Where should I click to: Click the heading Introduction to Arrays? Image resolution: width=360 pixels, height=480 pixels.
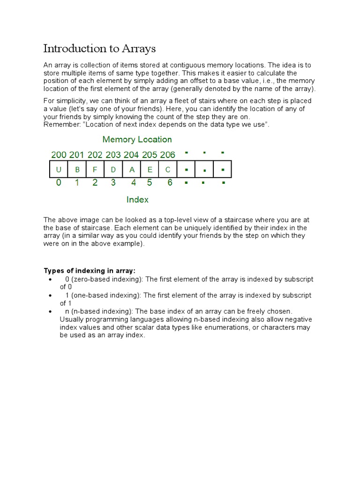coord(99,49)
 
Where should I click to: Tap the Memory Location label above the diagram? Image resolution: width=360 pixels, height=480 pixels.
coord(137,139)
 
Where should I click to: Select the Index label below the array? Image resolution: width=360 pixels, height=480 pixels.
coord(137,200)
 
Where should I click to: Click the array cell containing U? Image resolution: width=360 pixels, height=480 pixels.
coord(59,170)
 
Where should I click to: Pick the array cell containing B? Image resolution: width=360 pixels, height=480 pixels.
coord(77,170)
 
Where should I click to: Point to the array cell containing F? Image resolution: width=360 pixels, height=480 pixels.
coord(95,170)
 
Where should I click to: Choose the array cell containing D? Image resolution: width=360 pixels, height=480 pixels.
coord(113,170)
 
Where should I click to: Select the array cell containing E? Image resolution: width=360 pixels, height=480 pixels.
coord(150,170)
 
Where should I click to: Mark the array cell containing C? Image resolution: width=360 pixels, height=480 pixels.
coord(168,170)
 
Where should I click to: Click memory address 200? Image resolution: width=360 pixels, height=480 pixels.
coord(59,155)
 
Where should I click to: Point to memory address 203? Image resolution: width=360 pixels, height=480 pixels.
coord(113,155)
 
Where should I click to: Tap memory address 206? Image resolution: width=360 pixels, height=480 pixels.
coord(167,155)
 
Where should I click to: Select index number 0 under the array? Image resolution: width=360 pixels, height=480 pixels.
coord(59,183)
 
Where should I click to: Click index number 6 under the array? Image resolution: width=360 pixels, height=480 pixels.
coord(170,183)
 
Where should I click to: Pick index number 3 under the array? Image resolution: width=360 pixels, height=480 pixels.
coord(113,183)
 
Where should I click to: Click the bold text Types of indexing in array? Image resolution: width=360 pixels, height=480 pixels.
coord(90,271)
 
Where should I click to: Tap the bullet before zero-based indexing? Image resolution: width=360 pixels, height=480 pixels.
coord(50,279)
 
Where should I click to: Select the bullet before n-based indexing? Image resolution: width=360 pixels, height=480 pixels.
coord(50,312)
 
